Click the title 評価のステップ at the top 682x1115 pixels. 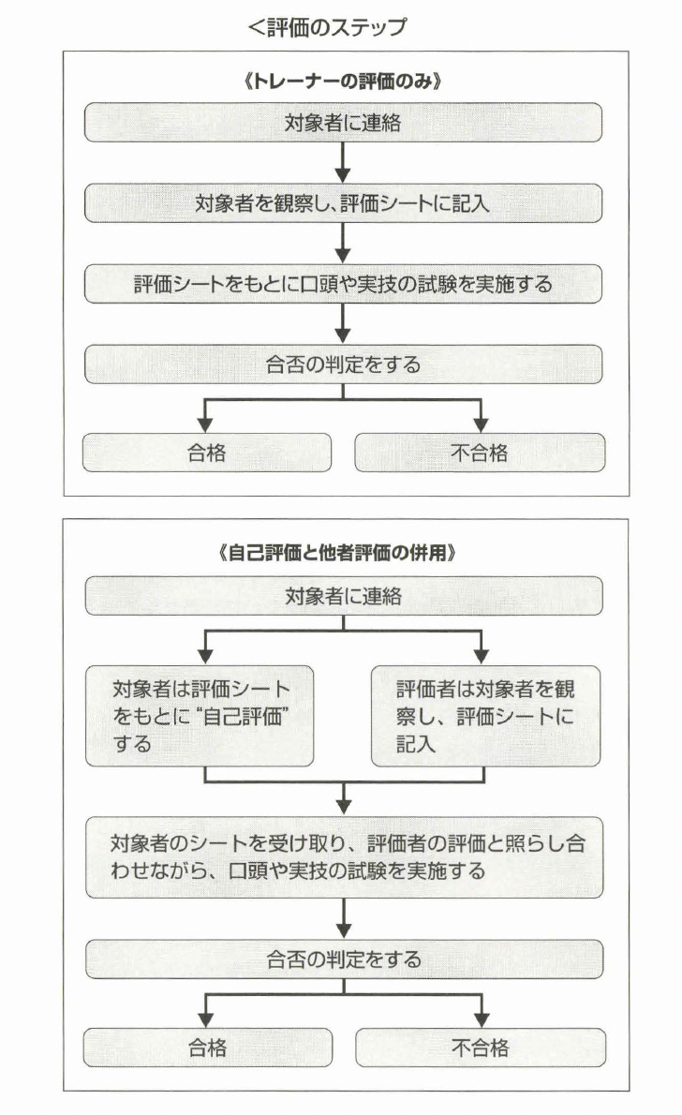(x=328, y=27)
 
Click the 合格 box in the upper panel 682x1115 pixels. (x=207, y=453)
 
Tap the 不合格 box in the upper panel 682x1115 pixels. (x=480, y=453)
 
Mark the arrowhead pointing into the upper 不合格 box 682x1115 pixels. (x=481, y=423)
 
